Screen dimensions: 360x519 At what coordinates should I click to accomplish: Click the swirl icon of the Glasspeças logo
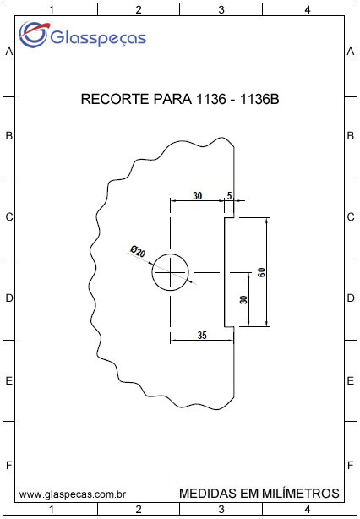[x=34, y=34]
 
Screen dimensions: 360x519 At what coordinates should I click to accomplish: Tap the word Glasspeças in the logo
[x=98, y=37]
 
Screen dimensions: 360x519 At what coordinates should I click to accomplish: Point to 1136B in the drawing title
[x=259, y=99]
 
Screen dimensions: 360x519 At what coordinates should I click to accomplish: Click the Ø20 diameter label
[x=138, y=251]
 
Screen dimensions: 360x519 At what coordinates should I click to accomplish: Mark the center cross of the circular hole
[x=171, y=272]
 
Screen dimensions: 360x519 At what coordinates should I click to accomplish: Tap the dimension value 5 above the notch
[x=229, y=195]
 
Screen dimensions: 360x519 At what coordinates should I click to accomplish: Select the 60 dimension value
[x=262, y=272]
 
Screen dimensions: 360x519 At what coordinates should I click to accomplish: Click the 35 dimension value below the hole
[x=202, y=336]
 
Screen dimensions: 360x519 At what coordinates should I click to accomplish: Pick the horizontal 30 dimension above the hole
[x=197, y=195]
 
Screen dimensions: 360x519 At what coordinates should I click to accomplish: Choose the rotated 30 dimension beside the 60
[x=244, y=299]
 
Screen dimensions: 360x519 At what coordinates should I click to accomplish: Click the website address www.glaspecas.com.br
[x=73, y=495]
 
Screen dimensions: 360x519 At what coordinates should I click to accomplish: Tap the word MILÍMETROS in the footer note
[x=301, y=493]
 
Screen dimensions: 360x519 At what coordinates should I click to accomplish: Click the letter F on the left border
[x=9, y=466]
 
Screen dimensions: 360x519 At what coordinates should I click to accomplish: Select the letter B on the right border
[x=351, y=136]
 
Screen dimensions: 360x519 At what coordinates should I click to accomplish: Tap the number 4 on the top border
[x=308, y=10]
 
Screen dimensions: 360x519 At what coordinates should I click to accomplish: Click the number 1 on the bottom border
[x=52, y=508]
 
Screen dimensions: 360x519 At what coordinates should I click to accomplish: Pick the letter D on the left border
[x=9, y=298]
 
